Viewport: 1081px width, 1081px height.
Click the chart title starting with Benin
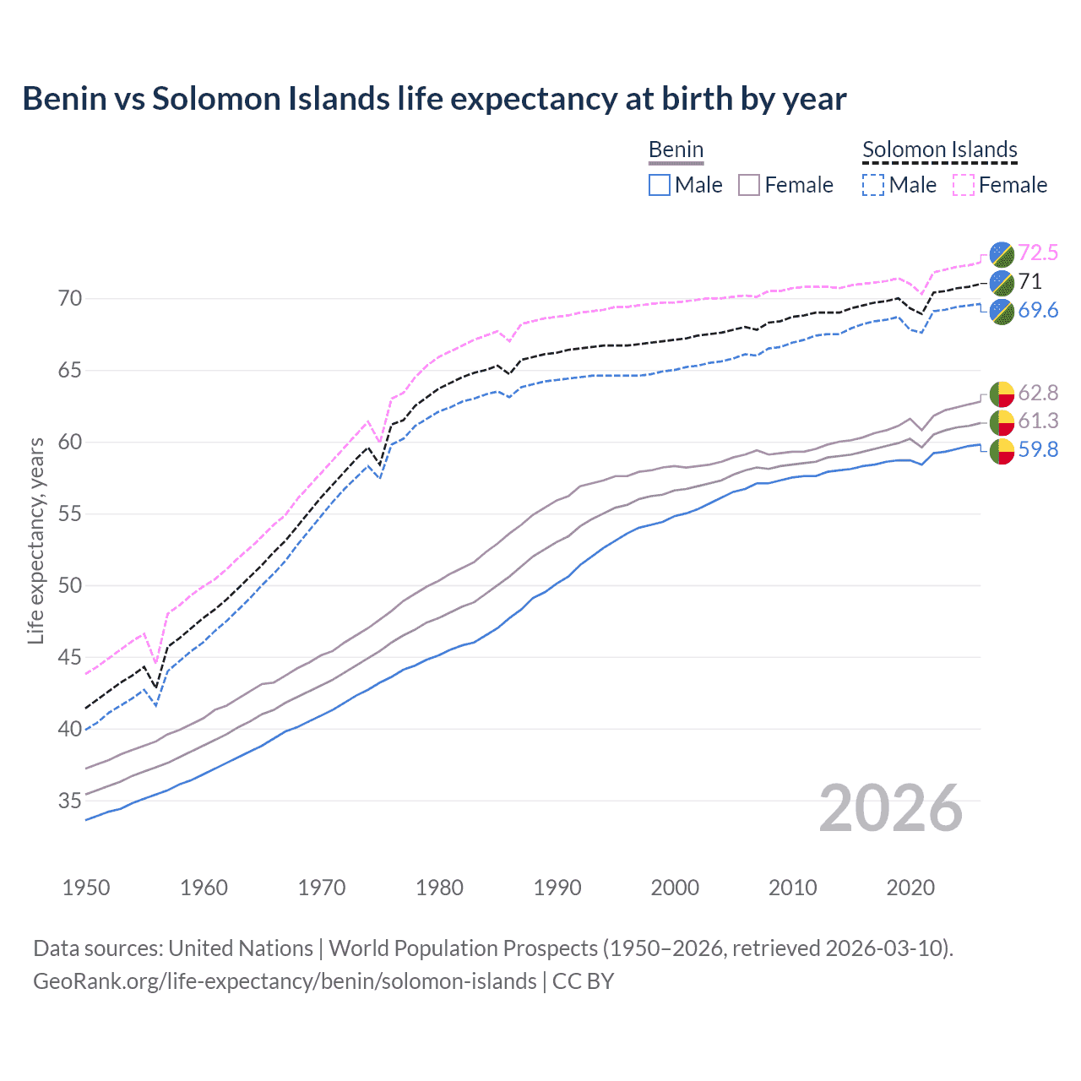[x=434, y=99]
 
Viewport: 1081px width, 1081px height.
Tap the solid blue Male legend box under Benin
[x=660, y=185]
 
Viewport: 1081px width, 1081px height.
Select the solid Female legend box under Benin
[x=750, y=185]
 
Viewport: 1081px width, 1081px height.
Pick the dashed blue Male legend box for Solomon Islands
[x=873, y=185]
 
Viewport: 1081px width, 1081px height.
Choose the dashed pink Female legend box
[x=964, y=185]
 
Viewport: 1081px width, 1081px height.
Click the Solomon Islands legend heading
[x=939, y=149]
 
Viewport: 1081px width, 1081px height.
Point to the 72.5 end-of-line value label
[x=1038, y=253]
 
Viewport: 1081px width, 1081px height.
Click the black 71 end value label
[x=1029, y=281]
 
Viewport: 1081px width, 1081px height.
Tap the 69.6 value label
[x=1038, y=310]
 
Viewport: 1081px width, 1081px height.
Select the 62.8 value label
[x=1038, y=393]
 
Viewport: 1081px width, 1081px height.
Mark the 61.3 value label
[x=1038, y=421]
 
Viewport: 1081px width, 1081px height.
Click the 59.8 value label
[x=1038, y=449]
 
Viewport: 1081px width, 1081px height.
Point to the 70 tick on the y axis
[x=70, y=299]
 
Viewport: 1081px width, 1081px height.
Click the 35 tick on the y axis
[x=70, y=801]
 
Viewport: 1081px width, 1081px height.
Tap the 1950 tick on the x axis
[x=86, y=888]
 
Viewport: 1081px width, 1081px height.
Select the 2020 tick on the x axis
[x=910, y=888]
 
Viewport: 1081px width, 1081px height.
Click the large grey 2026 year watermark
[x=891, y=809]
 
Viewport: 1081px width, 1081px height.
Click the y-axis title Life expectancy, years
[x=35, y=541]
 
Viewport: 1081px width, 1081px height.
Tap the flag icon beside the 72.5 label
[x=1002, y=253]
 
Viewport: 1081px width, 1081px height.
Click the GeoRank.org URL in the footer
[x=285, y=981]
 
